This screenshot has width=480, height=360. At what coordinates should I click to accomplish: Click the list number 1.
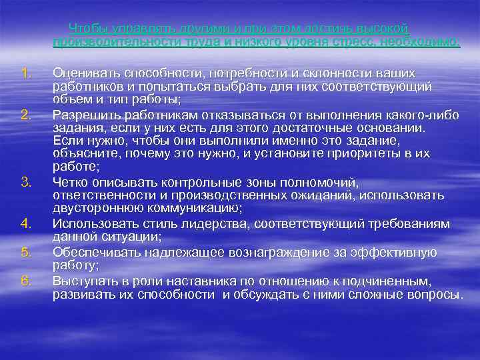tap(26, 72)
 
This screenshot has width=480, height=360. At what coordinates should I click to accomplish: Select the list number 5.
tap(26, 252)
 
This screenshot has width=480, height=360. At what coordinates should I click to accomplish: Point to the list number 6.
tap(26, 280)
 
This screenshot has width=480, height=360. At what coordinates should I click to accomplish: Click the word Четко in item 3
tap(70, 181)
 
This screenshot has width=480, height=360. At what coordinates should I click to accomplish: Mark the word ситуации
tap(126, 236)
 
